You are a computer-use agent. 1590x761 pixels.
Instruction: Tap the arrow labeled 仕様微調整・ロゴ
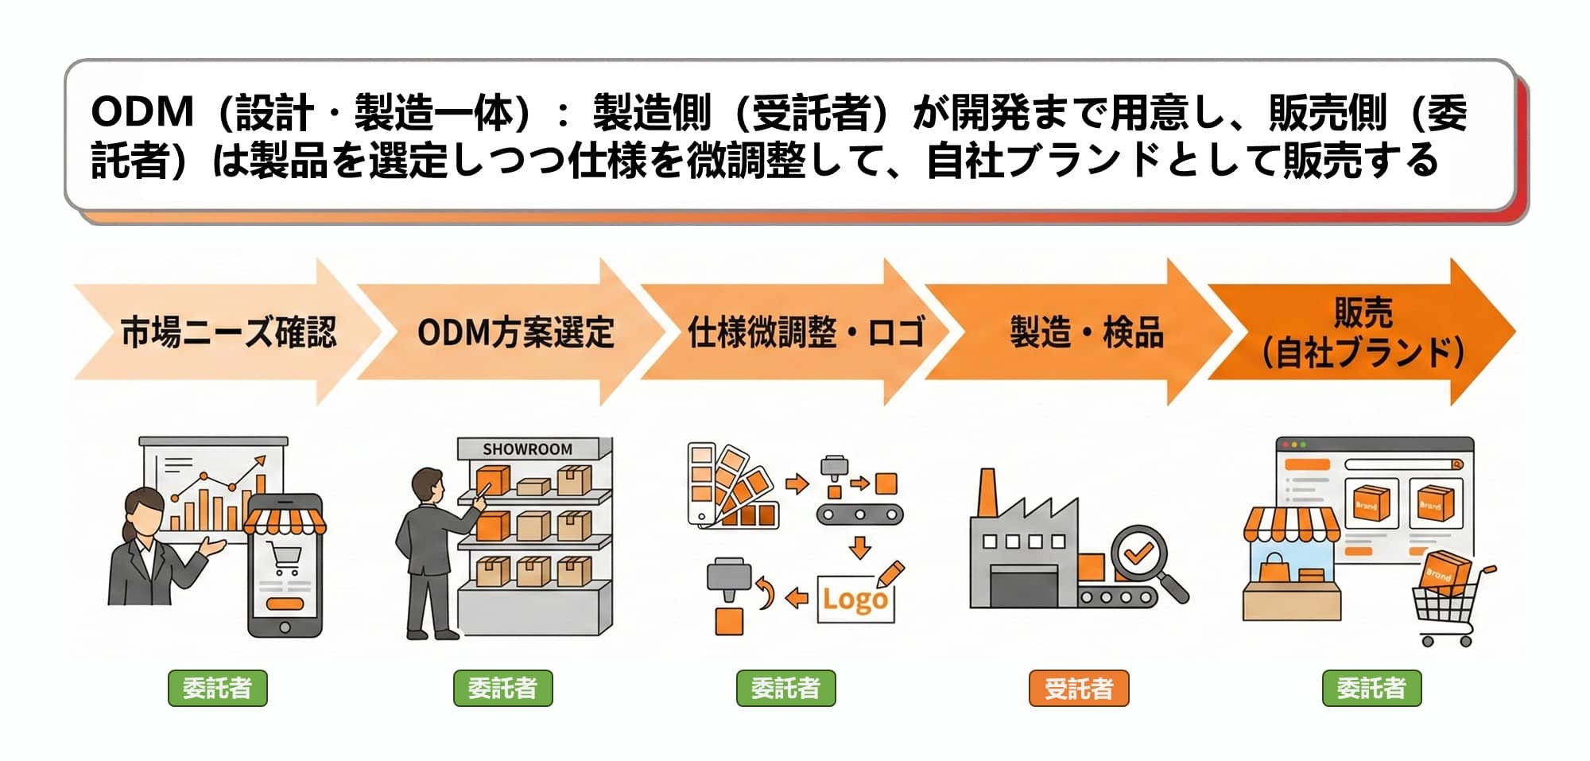[x=795, y=332]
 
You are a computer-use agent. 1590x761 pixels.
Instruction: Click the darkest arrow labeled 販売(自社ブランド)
[x=1363, y=332]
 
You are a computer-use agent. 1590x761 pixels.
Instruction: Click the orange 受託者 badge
[x=1078, y=689]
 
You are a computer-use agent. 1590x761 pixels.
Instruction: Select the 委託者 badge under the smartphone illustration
[x=217, y=689]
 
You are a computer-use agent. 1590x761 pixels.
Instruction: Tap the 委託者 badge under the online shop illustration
[x=1371, y=689]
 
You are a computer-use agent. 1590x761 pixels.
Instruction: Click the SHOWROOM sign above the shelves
[x=527, y=449]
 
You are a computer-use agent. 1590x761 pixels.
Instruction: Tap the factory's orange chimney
[x=987, y=493]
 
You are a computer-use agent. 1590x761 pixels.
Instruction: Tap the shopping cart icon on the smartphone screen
[x=285, y=557]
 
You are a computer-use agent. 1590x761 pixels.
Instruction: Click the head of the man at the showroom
[x=428, y=486]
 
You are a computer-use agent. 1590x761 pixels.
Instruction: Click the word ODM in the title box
[x=142, y=112]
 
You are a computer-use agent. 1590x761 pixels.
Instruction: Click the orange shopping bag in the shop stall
[x=1273, y=569]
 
